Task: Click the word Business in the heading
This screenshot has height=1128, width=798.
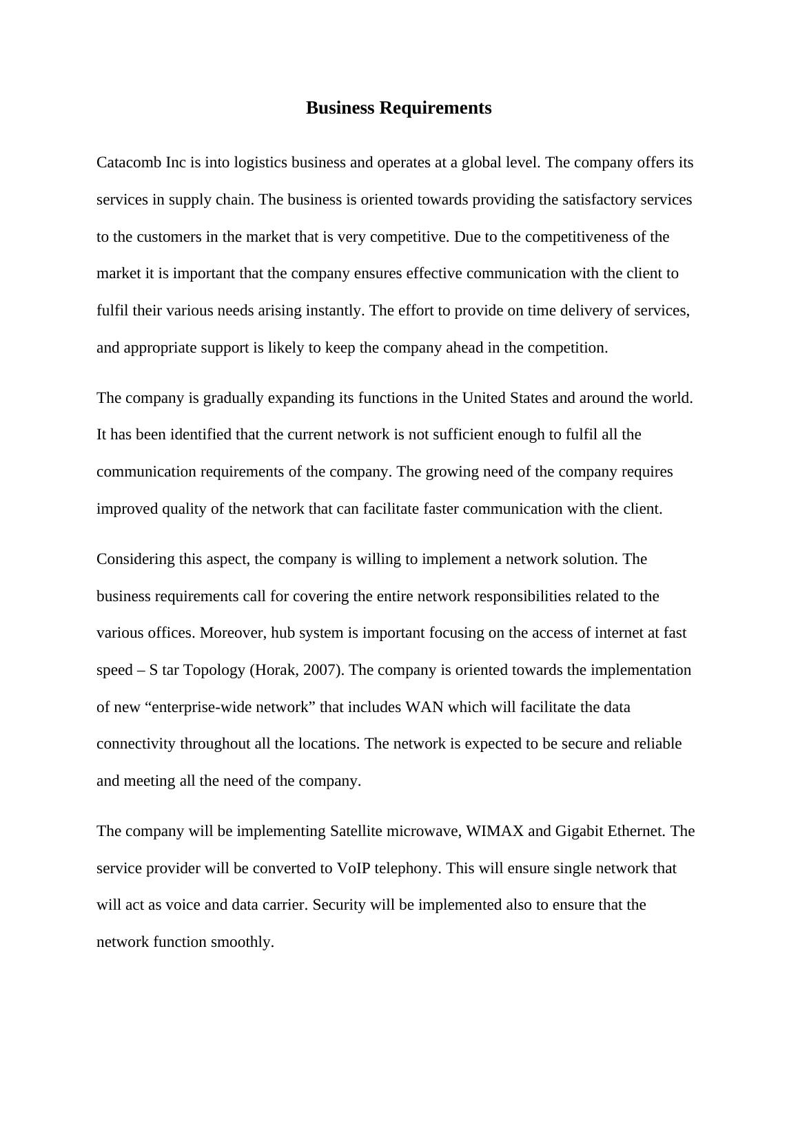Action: coord(338,108)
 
